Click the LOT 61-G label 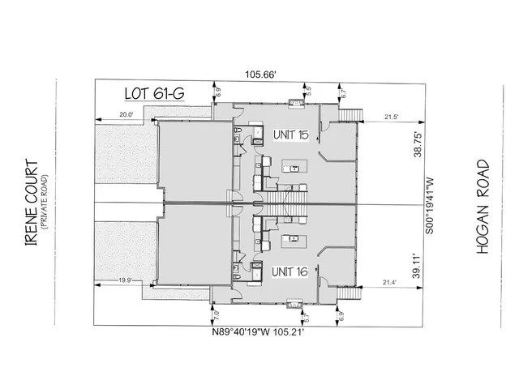153,93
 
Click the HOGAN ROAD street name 483,207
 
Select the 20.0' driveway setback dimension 126,114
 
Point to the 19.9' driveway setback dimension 125,281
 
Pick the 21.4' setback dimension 388,282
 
